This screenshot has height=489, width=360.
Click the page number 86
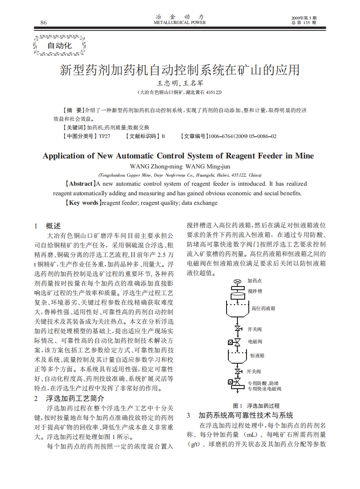tap(44, 23)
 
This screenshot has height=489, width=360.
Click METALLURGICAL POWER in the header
tap(180, 22)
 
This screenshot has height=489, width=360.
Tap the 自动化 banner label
tap(59, 45)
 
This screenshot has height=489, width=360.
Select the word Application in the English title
tap(64, 156)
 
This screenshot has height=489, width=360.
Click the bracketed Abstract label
tap(81, 184)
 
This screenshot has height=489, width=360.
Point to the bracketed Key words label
tap(83, 203)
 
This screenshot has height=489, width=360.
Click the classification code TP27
tap(104, 136)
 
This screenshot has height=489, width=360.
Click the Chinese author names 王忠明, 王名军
tap(180, 84)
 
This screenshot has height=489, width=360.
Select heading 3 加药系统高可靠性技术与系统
tap(246, 415)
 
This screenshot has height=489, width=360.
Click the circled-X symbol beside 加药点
tap(237, 282)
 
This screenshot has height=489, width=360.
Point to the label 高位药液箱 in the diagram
tap(263, 308)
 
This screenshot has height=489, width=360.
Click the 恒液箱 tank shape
tap(237, 356)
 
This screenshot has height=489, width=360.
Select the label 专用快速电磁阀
tap(264, 389)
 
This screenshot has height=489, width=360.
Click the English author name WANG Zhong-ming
tap(153, 166)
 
